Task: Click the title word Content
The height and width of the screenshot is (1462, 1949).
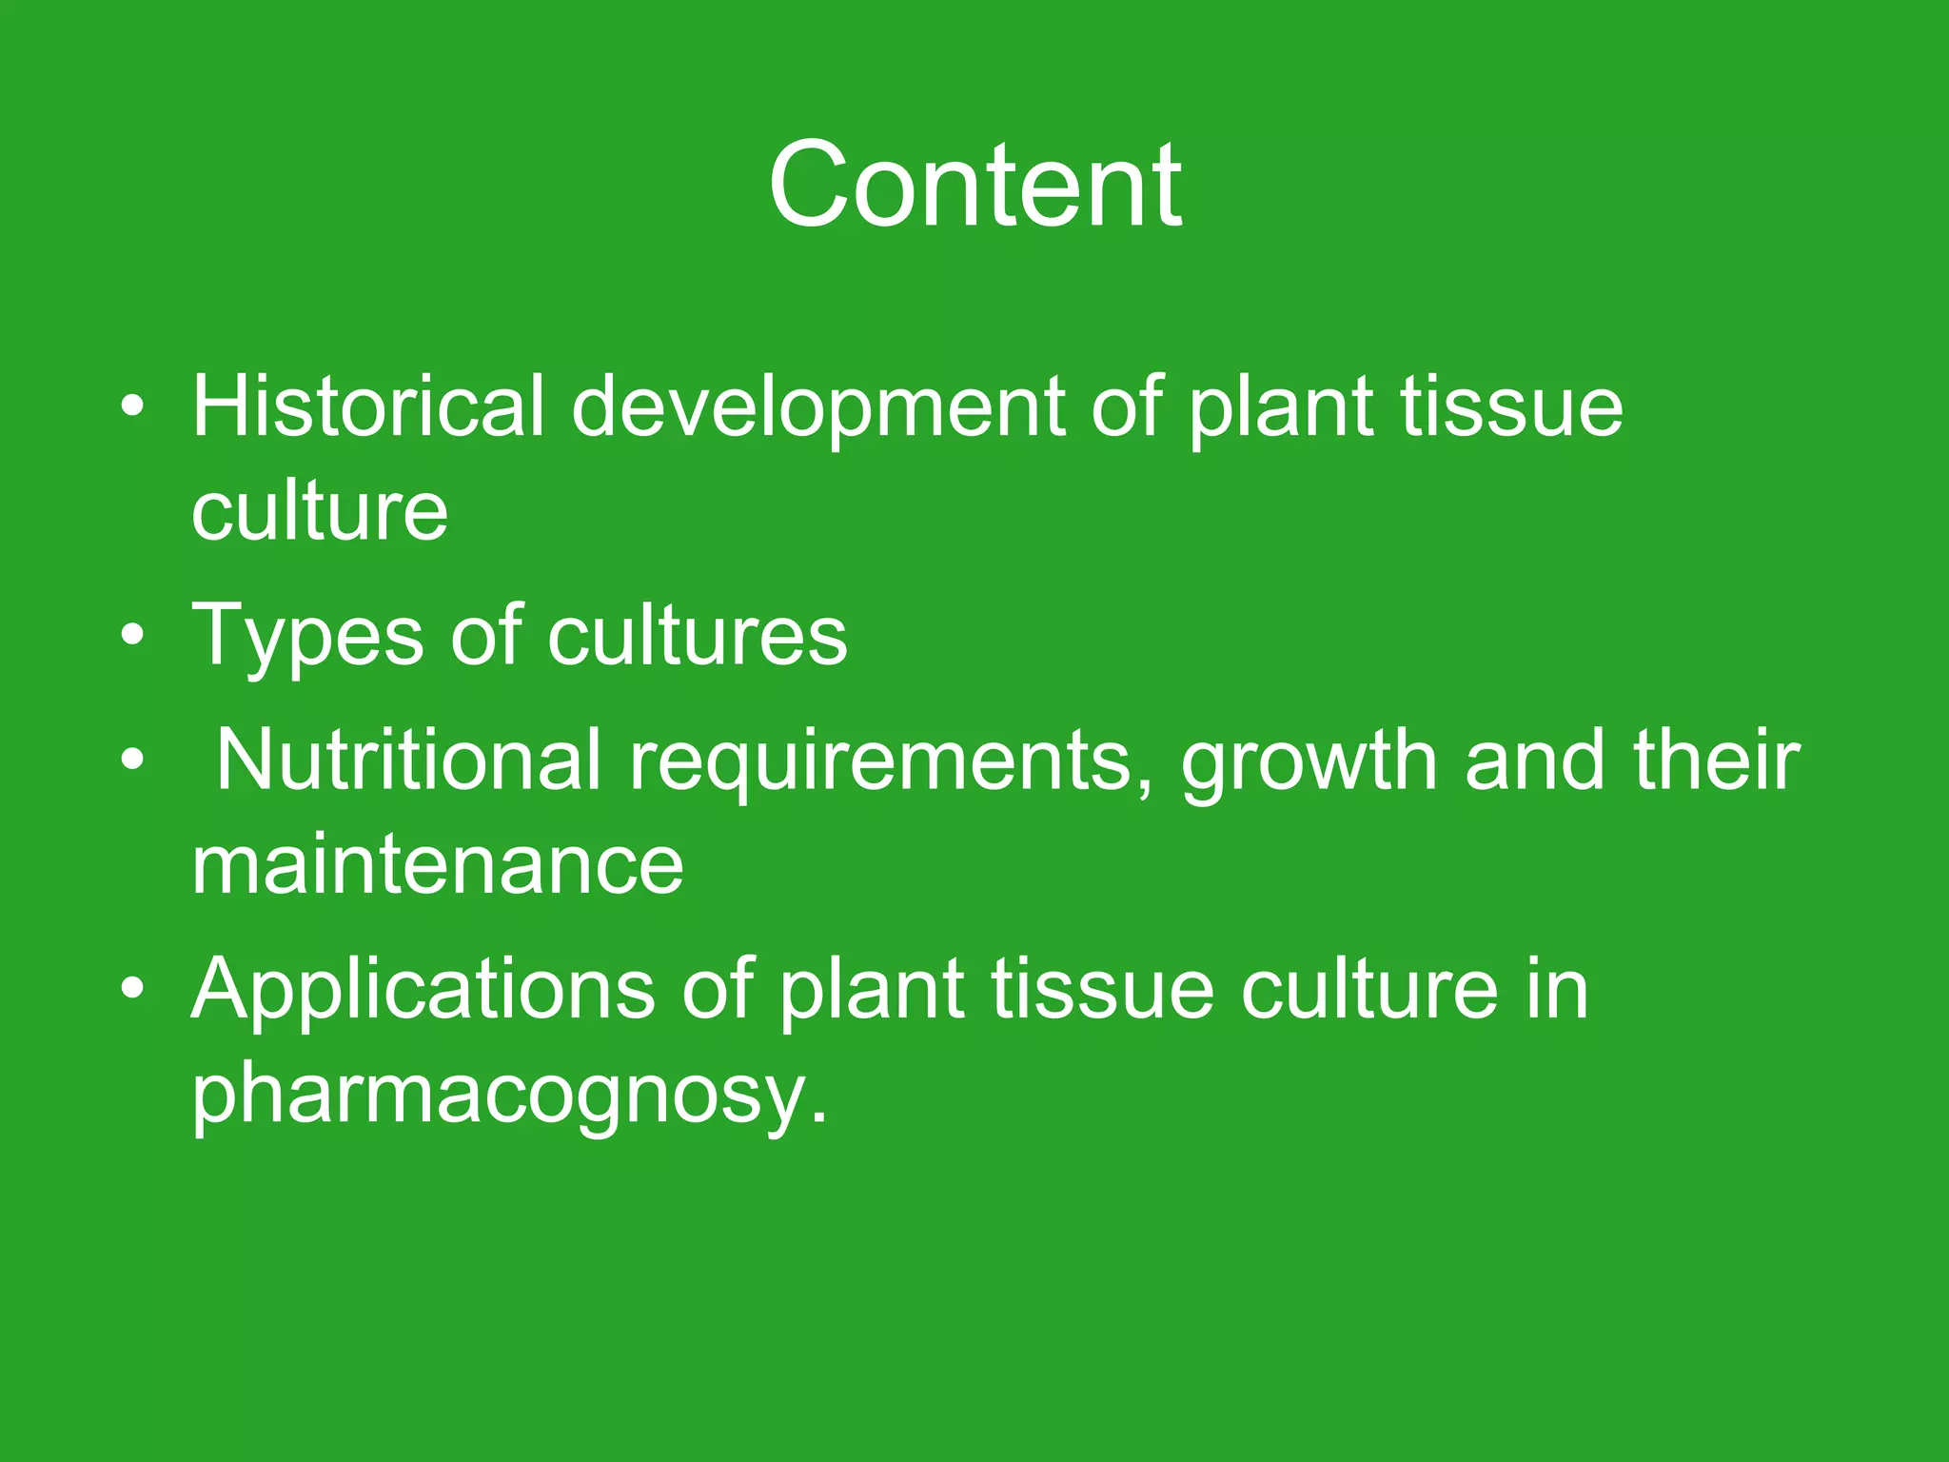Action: coord(974,185)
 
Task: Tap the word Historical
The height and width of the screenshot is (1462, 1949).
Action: coord(368,406)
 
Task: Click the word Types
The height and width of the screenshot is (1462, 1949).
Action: coord(307,637)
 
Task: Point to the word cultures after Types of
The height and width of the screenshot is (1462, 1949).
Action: coord(697,635)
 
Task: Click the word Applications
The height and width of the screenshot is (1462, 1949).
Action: coord(423,991)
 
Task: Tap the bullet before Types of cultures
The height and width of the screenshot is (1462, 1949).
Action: coord(133,635)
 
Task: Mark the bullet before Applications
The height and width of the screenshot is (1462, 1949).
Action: coord(133,989)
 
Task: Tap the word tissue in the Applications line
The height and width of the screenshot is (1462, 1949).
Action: coord(1103,989)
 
